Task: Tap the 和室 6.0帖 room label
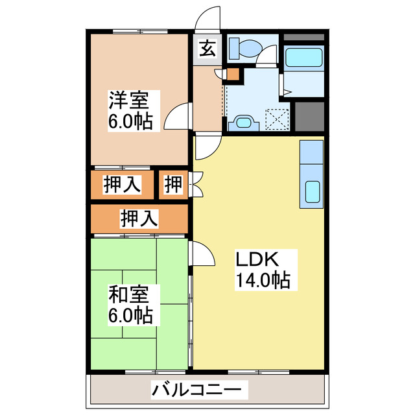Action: pyautogui.click(x=130, y=305)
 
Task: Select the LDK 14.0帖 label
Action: pyautogui.click(x=262, y=270)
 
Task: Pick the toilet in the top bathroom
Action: pyautogui.click(x=248, y=46)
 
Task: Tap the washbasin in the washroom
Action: pyautogui.click(x=243, y=122)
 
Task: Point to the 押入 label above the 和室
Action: pyautogui.click(x=139, y=219)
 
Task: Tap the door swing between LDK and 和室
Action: pyautogui.click(x=202, y=253)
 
